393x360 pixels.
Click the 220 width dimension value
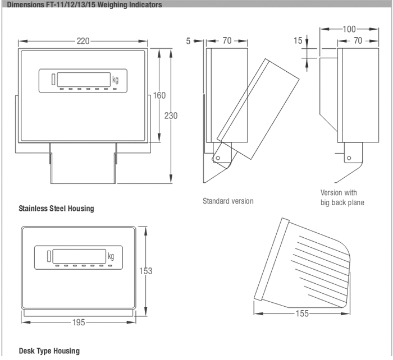point(83,41)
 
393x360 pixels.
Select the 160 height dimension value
point(159,95)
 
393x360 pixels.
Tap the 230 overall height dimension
point(171,116)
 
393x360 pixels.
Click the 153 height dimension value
point(145,271)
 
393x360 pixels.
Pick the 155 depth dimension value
point(301,313)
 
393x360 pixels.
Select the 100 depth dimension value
point(349,29)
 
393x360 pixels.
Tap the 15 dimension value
point(298,40)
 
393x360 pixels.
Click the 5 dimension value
point(189,40)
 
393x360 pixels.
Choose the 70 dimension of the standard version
point(227,40)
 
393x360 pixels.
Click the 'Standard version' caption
point(228,201)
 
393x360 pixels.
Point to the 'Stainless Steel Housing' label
point(56,209)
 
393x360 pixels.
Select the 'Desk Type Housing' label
point(49,351)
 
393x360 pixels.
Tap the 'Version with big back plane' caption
point(342,197)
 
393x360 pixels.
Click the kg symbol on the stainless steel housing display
point(115,80)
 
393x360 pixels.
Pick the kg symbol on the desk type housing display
point(111,256)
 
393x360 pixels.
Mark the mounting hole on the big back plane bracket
point(349,158)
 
